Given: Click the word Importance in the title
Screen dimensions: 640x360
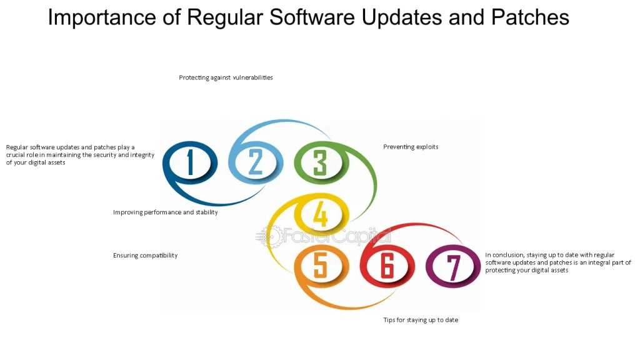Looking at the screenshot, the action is pyautogui.click(x=102, y=18).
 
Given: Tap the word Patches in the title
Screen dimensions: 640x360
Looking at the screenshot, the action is pyautogui.click(x=530, y=17).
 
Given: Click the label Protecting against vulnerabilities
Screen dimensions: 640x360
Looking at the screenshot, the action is pyautogui.click(x=226, y=77).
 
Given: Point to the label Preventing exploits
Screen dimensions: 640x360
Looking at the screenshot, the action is pyautogui.click(x=411, y=147).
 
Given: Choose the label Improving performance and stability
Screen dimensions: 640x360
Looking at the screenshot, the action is pyautogui.click(x=165, y=212).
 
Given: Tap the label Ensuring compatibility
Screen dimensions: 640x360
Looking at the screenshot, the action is pyautogui.click(x=145, y=256).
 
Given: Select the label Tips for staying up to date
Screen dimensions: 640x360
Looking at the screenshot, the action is pyautogui.click(x=421, y=320).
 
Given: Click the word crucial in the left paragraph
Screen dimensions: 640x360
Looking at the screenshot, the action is pyautogui.click(x=16, y=155).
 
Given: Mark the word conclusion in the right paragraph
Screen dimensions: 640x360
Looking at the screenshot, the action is pyautogui.click(x=507, y=255).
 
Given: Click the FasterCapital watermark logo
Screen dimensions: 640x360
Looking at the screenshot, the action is pyautogui.click(x=323, y=236).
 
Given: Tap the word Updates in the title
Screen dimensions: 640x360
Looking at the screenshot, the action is pyautogui.click(x=402, y=18).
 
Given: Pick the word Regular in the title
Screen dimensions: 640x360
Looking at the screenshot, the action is pyautogui.click(x=225, y=18).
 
